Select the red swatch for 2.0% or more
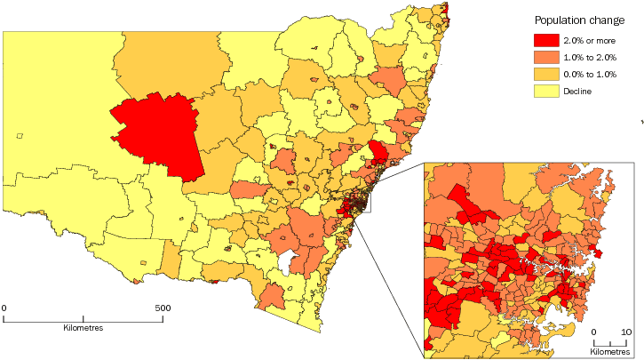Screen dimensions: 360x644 click(545, 40)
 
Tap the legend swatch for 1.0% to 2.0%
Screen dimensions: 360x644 click(545, 57)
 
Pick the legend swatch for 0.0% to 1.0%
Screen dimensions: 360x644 click(545, 74)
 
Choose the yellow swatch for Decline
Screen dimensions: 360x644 click(545, 91)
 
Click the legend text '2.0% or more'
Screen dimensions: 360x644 click(591, 40)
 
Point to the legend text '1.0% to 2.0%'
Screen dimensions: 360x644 click(591, 57)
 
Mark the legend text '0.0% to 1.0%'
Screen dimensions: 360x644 click(591, 74)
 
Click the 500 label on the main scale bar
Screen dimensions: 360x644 click(163, 308)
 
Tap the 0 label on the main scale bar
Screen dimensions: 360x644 click(4, 308)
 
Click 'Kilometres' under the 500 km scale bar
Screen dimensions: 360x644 click(83, 328)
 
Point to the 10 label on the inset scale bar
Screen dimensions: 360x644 click(626, 332)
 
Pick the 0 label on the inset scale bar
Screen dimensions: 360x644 click(594, 332)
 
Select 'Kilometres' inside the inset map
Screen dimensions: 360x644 click(611, 352)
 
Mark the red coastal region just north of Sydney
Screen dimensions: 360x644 click(378, 153)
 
